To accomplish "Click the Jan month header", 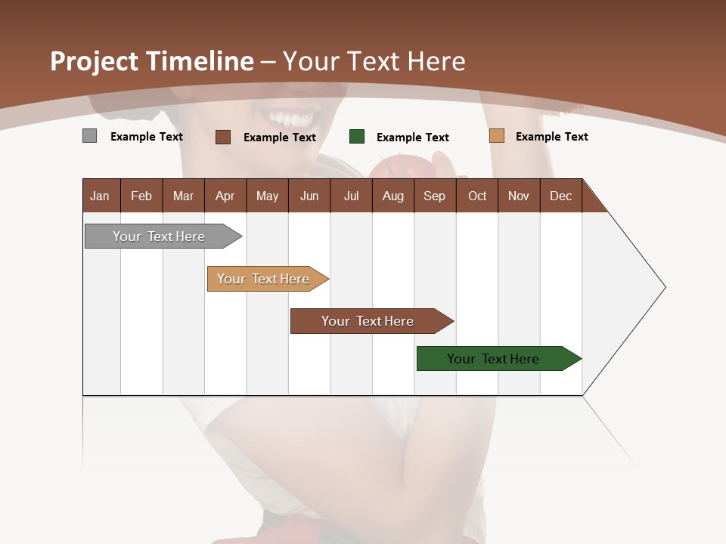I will pyautogui.click(x=101, y=196).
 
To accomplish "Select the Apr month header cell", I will pyautogui.click(x=225, y=196).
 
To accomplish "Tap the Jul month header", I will pyautogui.click(x=351, y=196).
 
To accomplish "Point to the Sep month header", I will pyautogui.click(x=435, y=196).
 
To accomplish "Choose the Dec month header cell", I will pyautogui.click(x=560, y=196).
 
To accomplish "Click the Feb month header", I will pyautogui.click(x=141, y=196).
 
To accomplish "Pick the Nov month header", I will pyautogui.click(x=519, y=196).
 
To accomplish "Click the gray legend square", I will pyautogui.click(x=89, y=136).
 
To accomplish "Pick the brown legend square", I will pyautogui.click(x=223, y=137).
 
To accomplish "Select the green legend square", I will pyautogui.click(x=357, y=137).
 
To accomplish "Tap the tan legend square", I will pyautogui.click(x=496, y=136).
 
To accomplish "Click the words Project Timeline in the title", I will pyautogui.click(x=152, y=61).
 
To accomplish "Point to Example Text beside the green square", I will pyautogui.click(x=413, y=138).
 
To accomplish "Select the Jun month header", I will pyautogui.click(x=309, y=196).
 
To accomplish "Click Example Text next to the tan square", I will pyautogui.click(x=552, y=137).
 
